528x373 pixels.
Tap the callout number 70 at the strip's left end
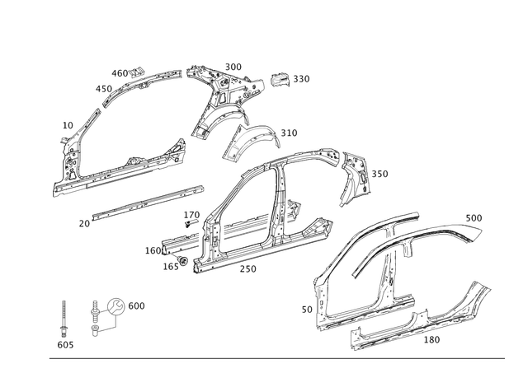point(82,222)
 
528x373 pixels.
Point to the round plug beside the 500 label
point(117,305)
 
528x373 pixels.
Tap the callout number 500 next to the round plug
point(138,305)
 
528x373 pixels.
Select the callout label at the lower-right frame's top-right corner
point(474,217)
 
